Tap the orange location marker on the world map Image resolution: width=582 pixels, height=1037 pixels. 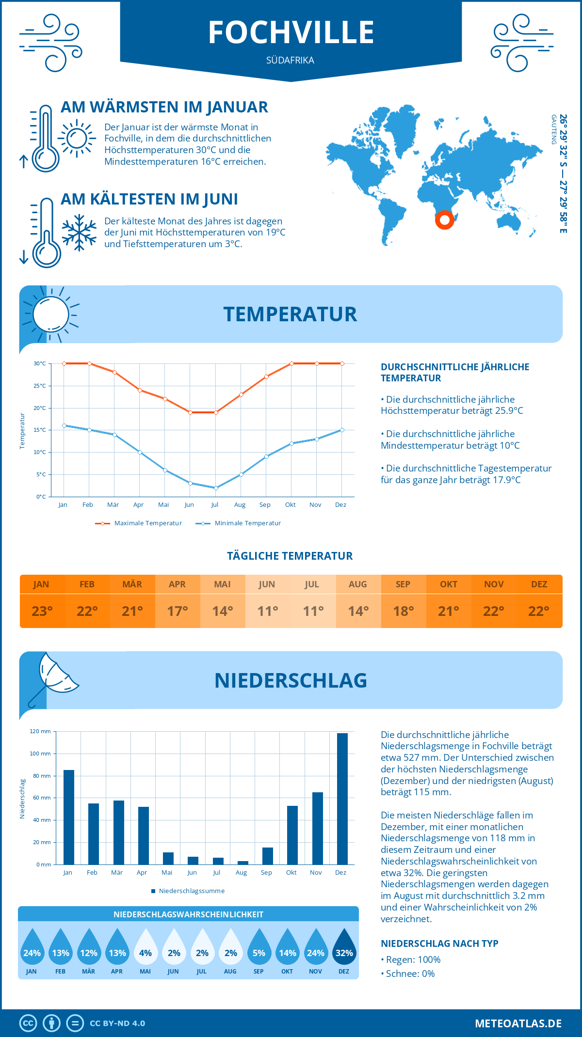[444, 220]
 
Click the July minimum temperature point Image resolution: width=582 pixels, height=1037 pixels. [216, 488]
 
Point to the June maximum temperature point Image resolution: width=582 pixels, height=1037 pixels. [191, 412]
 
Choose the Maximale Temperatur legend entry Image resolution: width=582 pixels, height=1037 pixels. [139, 523]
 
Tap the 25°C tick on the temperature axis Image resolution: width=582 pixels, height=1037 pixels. [40, 386]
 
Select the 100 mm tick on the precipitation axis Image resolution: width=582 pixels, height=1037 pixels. [40, 754]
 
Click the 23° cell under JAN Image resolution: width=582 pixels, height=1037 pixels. [42, 611]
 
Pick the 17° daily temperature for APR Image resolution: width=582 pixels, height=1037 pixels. [178, 611]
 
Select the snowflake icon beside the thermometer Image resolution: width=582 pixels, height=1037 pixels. [79, 233]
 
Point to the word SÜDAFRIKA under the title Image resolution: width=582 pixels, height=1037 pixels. [290, 60]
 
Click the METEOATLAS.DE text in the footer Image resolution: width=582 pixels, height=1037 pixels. [518, 1023]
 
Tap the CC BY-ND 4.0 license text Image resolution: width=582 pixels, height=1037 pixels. [117, 1023]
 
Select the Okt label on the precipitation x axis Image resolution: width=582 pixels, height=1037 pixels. [291, 872]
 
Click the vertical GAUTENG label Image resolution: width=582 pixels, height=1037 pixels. [553, 129]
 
